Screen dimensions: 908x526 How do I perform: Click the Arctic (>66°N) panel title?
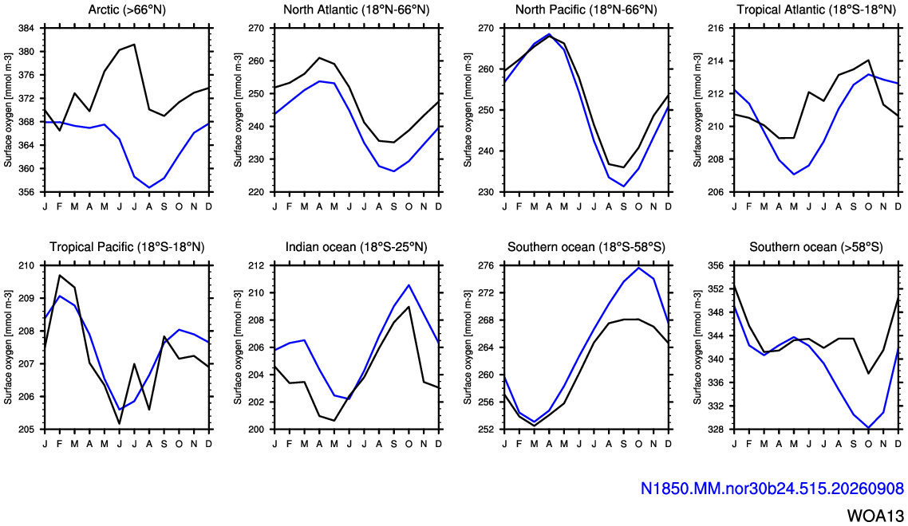[x=127, y=10]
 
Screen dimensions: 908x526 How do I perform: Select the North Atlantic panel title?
[x=356, y=10]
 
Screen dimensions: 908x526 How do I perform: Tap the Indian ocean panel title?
[x=356, y=247]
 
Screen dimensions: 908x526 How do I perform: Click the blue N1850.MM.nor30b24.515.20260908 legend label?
[x=772, y=489]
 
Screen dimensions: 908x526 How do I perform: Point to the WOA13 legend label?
[x=875, y=516]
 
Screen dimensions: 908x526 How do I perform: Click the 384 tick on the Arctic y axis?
[x=26, y=28]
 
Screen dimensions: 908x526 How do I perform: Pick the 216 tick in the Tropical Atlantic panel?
[x=717, y=28]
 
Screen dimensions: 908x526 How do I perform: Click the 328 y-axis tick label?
[x=717, y=430]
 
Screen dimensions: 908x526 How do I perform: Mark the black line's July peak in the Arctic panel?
[x=134, y=45]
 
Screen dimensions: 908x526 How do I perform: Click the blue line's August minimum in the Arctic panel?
[x=149, y=187]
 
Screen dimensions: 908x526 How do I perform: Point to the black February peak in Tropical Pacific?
[x=60, y=275]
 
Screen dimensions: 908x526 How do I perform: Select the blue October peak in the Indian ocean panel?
[x=409, y=285]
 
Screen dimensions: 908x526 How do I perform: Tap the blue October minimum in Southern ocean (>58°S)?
[x=869, y=428]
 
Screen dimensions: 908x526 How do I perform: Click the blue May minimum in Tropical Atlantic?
[x=794, y=175]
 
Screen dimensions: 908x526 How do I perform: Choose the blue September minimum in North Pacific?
[x=624, y=186]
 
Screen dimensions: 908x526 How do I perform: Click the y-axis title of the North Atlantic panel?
[x=238, y=110]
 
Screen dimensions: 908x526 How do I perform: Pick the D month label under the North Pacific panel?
[x=669, y=206]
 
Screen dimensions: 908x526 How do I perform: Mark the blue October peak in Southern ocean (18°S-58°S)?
[x=639, y=268]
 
